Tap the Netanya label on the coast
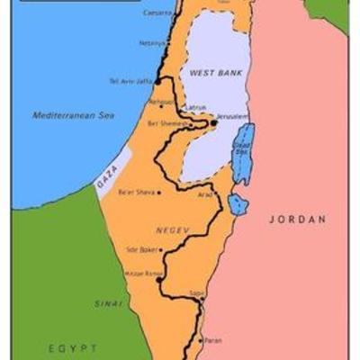152,42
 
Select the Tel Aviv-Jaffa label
127,81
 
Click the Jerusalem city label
231,117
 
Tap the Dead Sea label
240,148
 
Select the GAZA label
107,176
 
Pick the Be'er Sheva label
137,192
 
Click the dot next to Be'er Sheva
159,192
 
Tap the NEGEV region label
172,230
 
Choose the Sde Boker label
142,249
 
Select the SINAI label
109,303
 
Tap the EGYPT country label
67,346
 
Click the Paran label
212,340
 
